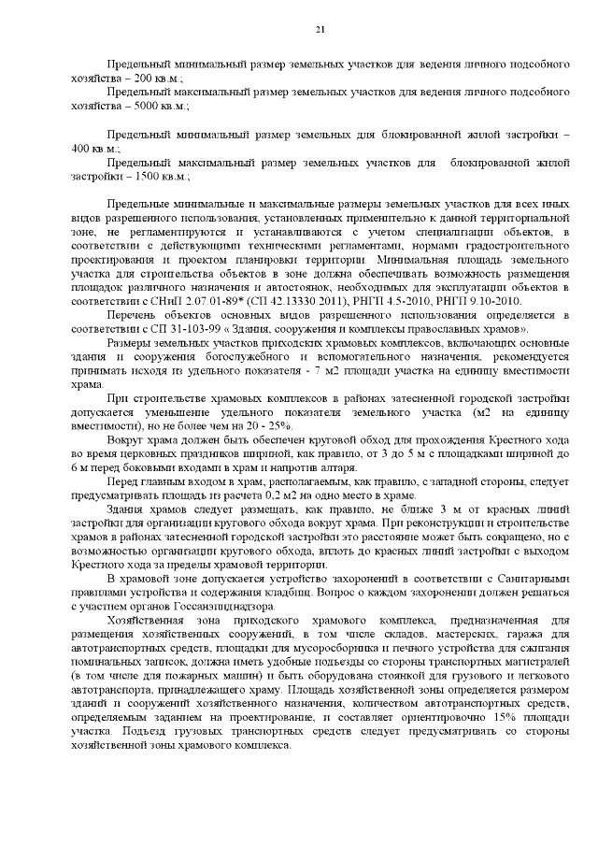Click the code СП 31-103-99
191,330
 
